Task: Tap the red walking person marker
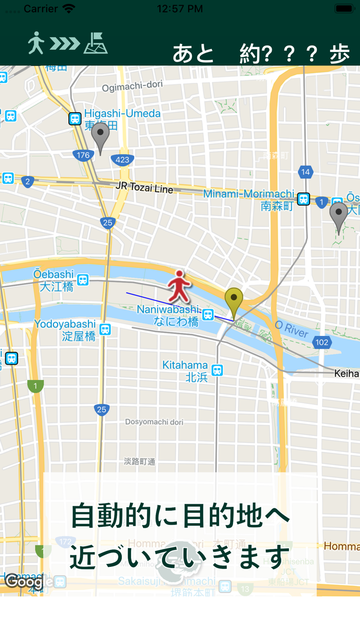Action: point(179,286)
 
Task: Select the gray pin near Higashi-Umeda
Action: point(100,137)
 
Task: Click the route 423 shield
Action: point(122,159)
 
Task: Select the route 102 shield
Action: point(322,342)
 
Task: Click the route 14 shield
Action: point(305,172)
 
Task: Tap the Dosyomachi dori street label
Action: point(154,422)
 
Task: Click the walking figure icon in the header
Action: point(35,43)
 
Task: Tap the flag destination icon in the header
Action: point(96,43)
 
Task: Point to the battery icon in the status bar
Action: point(344,9)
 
